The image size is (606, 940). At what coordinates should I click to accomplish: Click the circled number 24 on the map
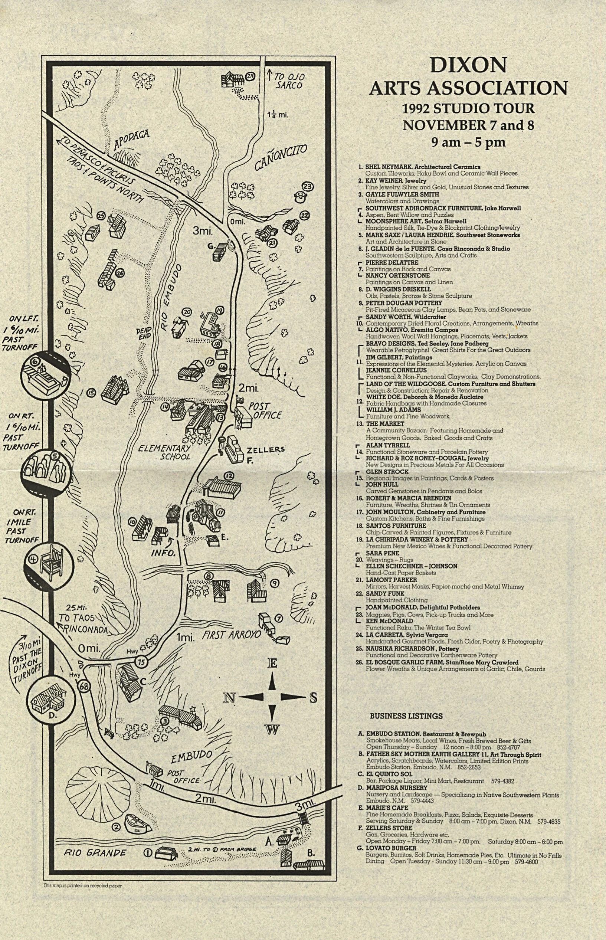coord(250,76)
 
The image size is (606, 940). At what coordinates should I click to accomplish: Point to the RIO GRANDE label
coord(95,853)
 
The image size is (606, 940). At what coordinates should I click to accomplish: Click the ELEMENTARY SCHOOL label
coord(164,452)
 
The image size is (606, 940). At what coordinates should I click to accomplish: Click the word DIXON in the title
coord(468,65)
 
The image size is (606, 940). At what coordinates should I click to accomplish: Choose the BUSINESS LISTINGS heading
coord(406,716)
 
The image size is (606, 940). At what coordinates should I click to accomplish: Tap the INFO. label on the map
coord(163,553)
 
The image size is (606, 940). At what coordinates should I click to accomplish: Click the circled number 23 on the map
coord(307,187)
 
